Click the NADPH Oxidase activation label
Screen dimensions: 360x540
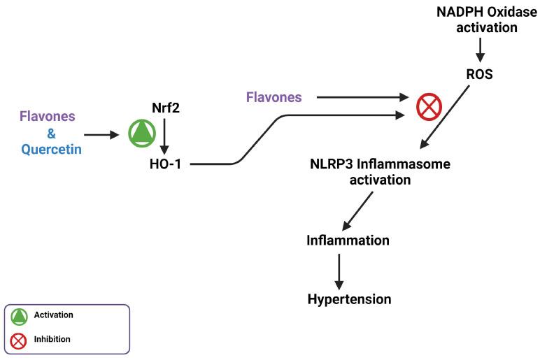pos(486,20)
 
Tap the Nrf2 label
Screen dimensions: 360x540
pos(164,108)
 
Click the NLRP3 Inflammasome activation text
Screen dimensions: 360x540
pos(380,172)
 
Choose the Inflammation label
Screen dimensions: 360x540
pos(348,240)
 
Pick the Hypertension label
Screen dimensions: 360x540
pos(349,299)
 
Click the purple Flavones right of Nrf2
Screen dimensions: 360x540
pos(274,97)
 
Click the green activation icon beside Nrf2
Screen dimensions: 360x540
pos(142,133)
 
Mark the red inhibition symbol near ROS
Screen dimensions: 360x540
pos(429,107)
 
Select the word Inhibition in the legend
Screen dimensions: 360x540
pos(52,339)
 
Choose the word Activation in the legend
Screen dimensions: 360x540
pos(54,315)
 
